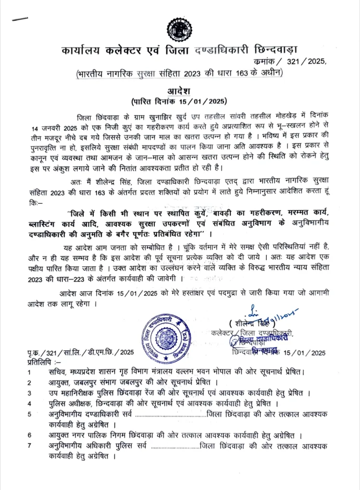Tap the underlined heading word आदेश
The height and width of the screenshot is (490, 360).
point(180,91)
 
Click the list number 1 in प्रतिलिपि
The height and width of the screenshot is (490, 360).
point(30,372)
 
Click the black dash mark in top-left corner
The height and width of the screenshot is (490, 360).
point(20,19)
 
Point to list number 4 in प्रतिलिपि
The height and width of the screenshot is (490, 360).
point(30,403)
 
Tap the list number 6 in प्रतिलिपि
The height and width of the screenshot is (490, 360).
point(30,435)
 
